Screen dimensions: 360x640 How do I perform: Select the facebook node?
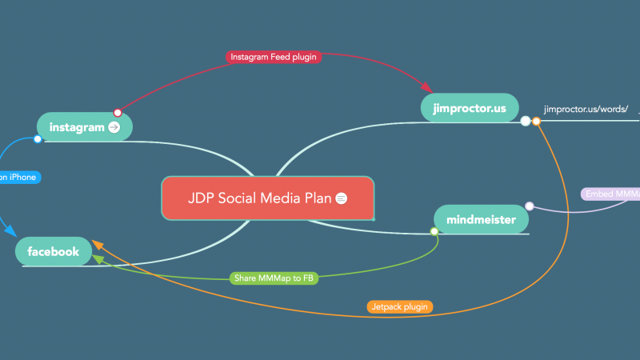(53, 252)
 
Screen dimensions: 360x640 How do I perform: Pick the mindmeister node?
(481, 219)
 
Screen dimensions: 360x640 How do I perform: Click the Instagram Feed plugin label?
(273, 57)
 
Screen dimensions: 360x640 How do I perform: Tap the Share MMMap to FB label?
(274, 278)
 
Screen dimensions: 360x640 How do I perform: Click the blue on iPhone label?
(18, 177)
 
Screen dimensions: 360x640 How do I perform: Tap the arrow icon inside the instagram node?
(114, 126)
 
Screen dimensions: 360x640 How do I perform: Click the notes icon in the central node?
(342, 198)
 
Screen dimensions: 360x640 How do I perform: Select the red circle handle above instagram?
(118, 112)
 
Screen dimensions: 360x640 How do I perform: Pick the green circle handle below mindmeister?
(434, 232)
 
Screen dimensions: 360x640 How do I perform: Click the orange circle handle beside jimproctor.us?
(537, 122)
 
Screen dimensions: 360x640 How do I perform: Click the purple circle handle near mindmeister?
(529, 206)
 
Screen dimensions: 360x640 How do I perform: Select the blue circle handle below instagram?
(38, 140)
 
